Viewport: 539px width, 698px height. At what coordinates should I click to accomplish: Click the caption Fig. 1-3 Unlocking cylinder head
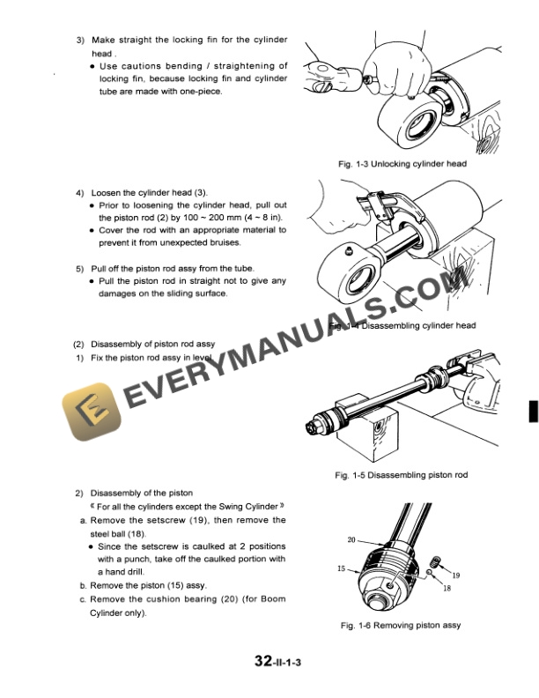pyautogui.click(x=402, y=164)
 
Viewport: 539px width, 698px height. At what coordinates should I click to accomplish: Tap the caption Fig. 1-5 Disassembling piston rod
pyautogui.click(x=402, y=475)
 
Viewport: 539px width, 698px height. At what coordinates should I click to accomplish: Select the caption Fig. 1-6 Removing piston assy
pyautogui.click(x=400, y=626)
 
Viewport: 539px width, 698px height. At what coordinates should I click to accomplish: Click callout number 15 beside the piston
pyautogui.click(x=341, y=569)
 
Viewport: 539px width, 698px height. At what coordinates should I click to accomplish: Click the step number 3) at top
pyautogui.click(x=80, y=41)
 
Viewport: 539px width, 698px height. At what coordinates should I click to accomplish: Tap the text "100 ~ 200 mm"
pyautogui.click(x=201, y=217)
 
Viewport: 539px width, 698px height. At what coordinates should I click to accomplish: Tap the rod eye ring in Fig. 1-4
pyautogui.click(x=351, y=280)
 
